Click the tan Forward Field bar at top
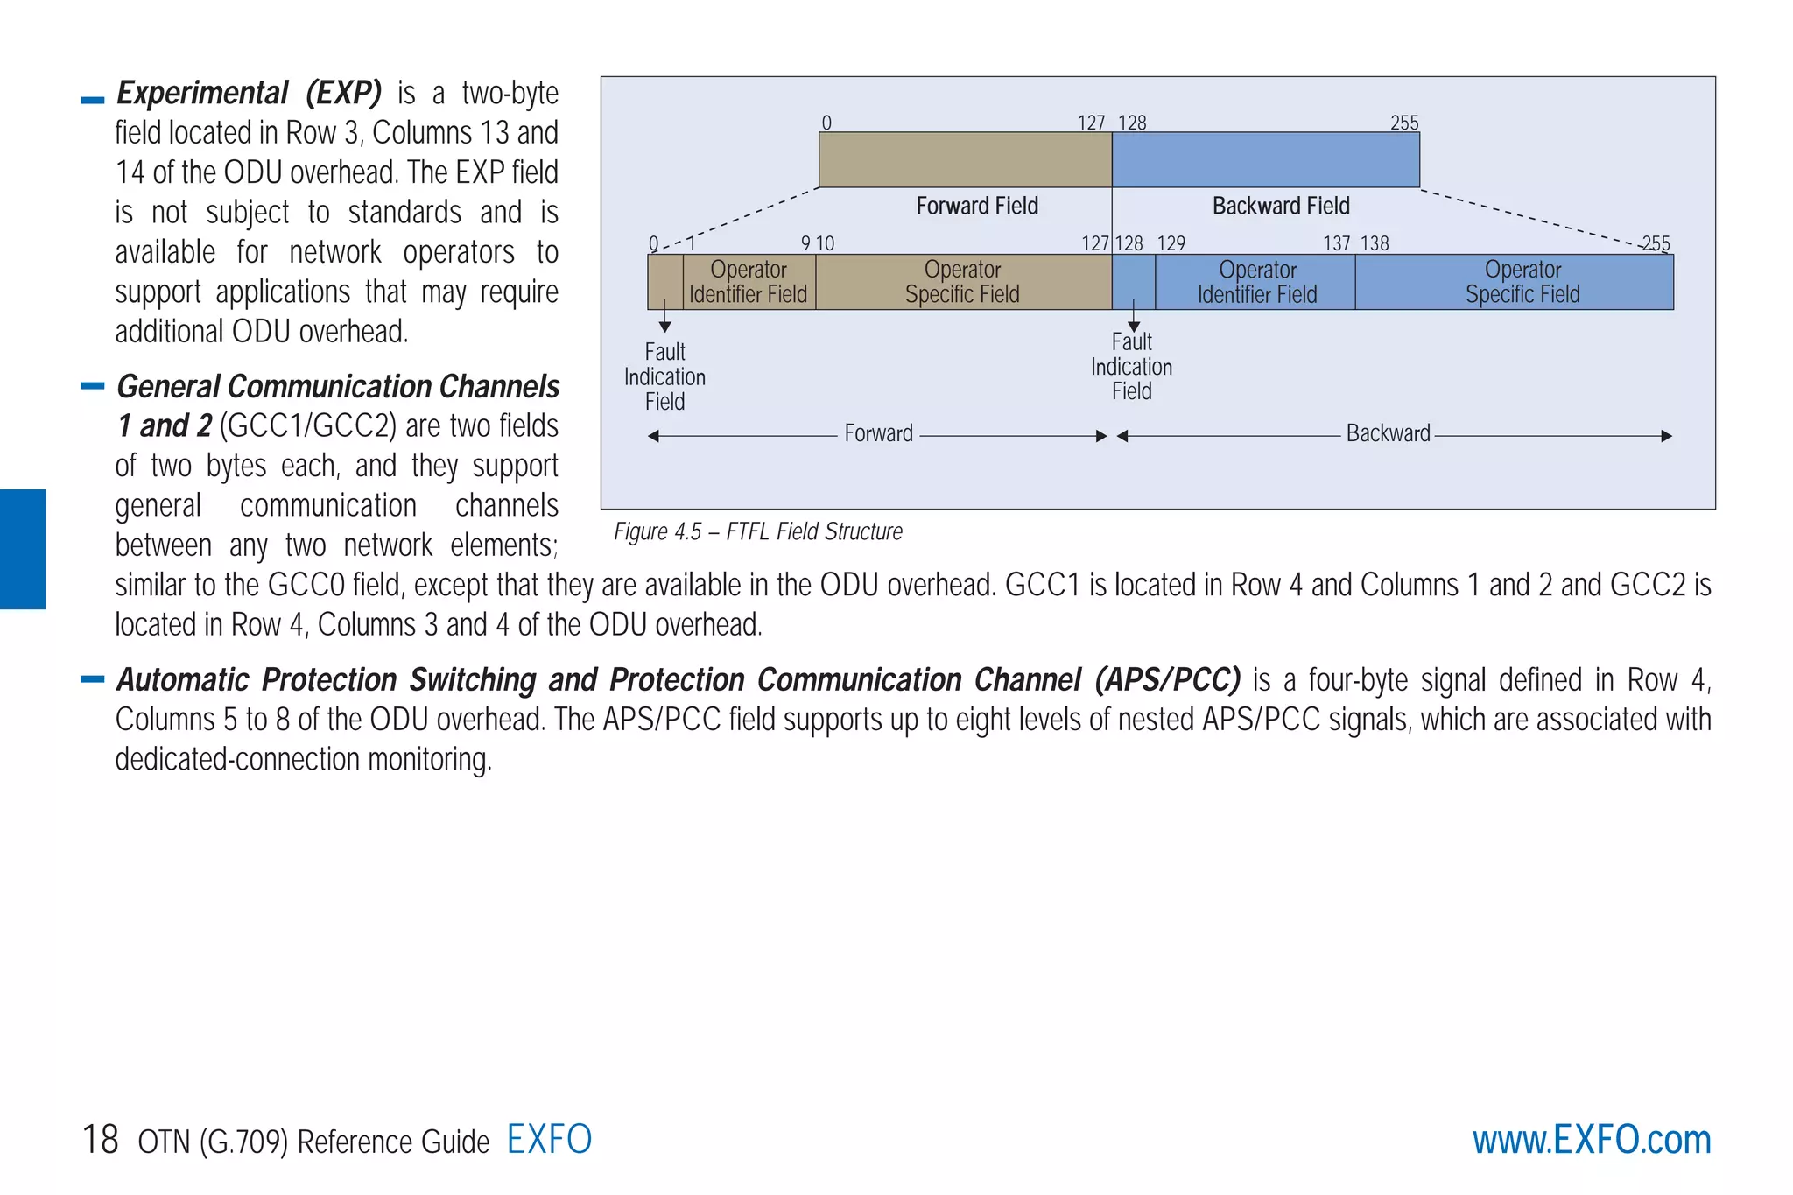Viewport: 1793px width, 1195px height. (965, 159)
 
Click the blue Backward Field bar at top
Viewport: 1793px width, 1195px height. (1265, 159)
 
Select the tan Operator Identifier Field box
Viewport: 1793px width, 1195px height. (749, 282)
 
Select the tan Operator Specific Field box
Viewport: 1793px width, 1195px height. (962, 282)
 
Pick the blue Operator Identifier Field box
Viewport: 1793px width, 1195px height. (1256, 282)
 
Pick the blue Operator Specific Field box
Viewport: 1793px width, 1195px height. (1522, 282)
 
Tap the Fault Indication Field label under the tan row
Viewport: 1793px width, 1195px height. (664, 376)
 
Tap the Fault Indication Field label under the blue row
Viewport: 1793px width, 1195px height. (1131, 367)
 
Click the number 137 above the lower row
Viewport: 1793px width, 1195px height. (1336, 243)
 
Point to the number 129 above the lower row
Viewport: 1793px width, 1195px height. (1171, 243)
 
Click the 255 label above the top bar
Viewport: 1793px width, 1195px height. (1404, 123)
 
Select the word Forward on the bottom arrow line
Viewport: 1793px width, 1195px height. (878, 433)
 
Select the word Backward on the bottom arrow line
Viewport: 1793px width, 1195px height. (1388, 433)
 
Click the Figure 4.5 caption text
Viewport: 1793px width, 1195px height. (757, 531)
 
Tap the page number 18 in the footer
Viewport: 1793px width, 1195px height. (100, 1140)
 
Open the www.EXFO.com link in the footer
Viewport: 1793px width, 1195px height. (1591, 1140)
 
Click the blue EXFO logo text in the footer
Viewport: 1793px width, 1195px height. (549, 1139)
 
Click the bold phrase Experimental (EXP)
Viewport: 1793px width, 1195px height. (249, 93)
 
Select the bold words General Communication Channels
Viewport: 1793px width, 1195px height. (338, 386)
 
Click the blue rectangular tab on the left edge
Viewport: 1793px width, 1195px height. (23, 549)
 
